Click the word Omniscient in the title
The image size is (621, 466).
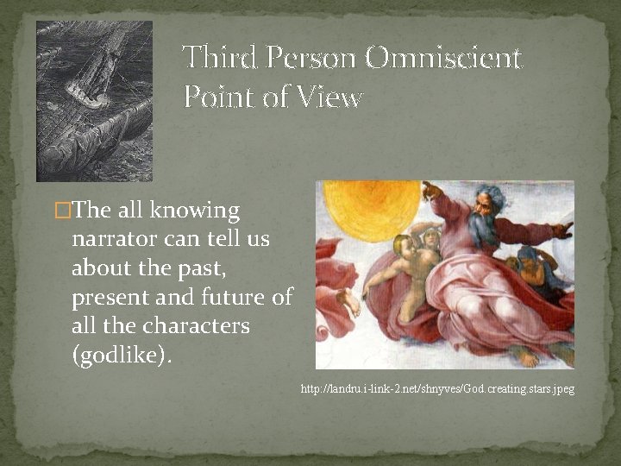[442, 59]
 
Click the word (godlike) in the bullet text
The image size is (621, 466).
[121, 356]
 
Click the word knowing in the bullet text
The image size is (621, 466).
[195, 211]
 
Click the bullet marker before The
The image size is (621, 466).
[60, 211]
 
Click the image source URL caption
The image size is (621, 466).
[437, 390]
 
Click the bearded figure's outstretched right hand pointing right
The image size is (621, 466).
[562, 230]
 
